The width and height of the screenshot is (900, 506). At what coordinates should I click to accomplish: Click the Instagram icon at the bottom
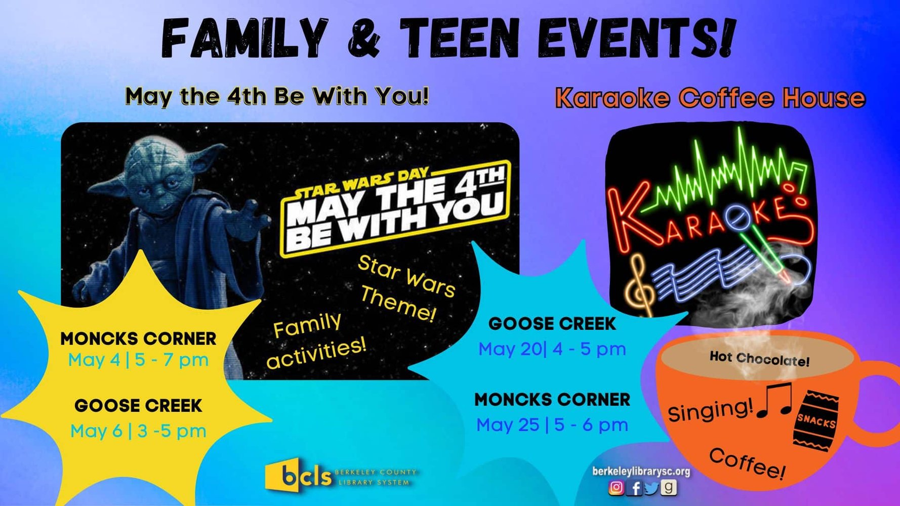616,487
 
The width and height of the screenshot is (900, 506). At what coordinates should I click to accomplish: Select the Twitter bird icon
652,488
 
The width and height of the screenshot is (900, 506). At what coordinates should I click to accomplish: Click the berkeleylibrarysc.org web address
641,472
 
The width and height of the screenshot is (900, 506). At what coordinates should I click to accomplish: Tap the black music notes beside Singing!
774,400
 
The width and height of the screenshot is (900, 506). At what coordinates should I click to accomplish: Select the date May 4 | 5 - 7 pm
138,360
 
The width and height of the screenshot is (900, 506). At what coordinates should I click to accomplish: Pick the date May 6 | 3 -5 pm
138,431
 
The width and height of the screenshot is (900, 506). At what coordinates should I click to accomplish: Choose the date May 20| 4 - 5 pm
552,349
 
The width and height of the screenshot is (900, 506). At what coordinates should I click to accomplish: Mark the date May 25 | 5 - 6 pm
552,425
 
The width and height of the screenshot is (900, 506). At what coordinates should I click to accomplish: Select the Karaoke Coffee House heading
710,98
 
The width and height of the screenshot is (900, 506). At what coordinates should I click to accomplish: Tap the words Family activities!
316,341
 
